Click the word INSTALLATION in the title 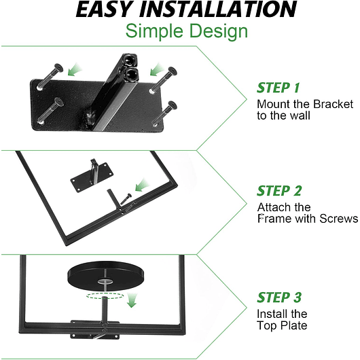click(218, 10)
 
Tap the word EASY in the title click(105, 10)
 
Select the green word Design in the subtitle click(219, 32)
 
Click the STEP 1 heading click(278, 88)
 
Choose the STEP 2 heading click(279, 191)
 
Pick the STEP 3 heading click(279, 298)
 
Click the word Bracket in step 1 click(333, 104)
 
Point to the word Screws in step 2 click(339, 219)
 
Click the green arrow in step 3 click(132, 300)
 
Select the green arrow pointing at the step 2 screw click(142, 185)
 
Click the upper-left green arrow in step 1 click(75, 70)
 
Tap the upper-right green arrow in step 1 click(158, 69)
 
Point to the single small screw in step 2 click(126, 199)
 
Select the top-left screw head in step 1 click(58, 68)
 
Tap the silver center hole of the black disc click(105, 281)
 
